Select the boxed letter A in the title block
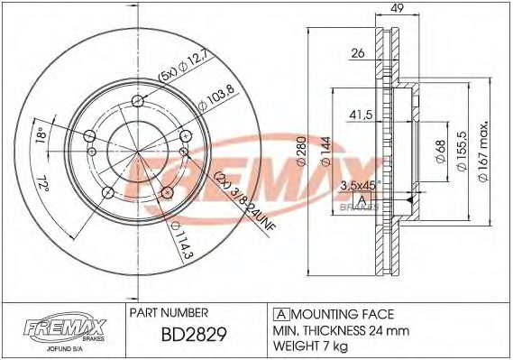tap(279, 314)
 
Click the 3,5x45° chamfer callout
tap(359, 184)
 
